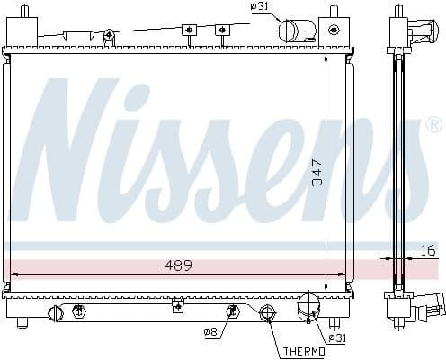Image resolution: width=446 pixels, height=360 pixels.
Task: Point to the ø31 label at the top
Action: [260, 8]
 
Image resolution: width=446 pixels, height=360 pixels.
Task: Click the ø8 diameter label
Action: [212, 332]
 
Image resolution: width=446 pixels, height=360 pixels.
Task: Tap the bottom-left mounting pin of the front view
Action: [20, 321]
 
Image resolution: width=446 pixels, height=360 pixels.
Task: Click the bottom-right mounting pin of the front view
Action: [334, 321]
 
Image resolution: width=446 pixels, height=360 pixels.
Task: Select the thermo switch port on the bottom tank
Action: [267, 314]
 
